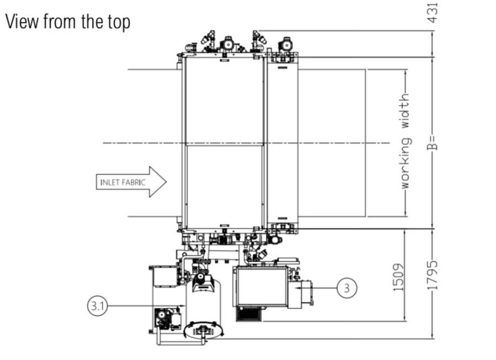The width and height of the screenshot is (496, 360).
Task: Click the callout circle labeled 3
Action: point(346,288)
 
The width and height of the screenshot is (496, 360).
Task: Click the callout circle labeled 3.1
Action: point(98,306)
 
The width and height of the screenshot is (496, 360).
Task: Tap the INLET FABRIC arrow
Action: point(131,182)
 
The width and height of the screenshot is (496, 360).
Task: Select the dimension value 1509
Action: point(398,278)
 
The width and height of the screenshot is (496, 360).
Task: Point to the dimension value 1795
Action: point(433,275)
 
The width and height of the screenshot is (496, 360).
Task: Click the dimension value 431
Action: point(433,13)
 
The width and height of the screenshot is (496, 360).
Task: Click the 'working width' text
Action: point(406,141)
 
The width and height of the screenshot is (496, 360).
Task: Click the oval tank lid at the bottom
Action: point(204,330)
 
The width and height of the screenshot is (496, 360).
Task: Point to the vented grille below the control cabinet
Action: point(249,314)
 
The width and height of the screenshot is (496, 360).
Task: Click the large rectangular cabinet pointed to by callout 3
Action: point(262,287)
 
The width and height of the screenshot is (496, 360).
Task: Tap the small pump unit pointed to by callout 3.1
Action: point(167,319)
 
